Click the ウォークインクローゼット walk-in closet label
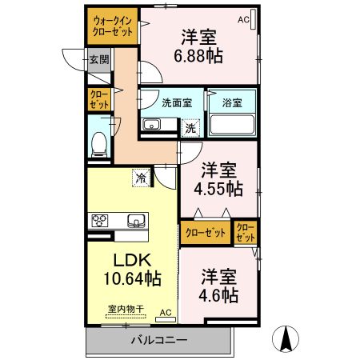click(x=112, y=26)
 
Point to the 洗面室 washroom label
click(x=176, y=102)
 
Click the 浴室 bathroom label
click(x=232, y=102)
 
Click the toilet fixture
click(x=99, y=144)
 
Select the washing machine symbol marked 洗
click(x=190, y=127)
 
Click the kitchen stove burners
click(x=103, y=221)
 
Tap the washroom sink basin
click(x=152, y=125)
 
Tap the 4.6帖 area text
click(x=218, y=295)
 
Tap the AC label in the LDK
click(x=166, y=312)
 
